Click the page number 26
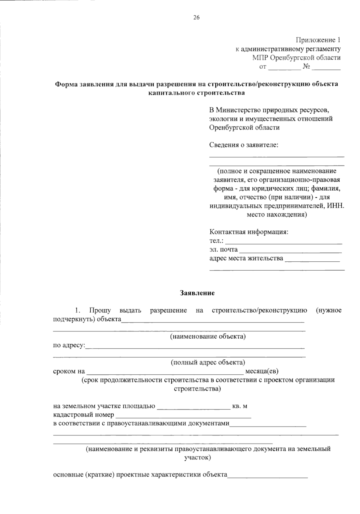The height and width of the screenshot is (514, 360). pos(196,17)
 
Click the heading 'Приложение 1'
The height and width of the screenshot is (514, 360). pos(318,40)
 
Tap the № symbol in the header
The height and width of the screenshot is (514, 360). pos(306,66)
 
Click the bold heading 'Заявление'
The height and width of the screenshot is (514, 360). pos(197,293)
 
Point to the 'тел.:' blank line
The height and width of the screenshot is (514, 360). pos(283,242)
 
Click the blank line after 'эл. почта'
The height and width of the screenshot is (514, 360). pos(290,251)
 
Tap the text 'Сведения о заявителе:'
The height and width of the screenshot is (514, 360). pos(244,145)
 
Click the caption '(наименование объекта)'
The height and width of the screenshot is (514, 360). pos(208,336)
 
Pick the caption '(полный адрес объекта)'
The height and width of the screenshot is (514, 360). pos(208,362)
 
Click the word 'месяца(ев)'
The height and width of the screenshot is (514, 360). pos(262,371)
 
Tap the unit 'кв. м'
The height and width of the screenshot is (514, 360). pos(240,406)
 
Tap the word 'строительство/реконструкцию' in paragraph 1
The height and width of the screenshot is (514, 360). pos(259,310)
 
